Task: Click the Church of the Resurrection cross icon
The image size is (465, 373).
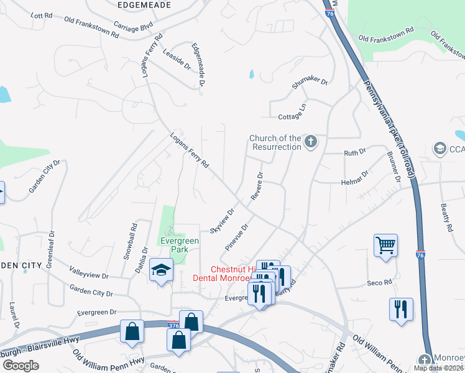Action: coord(311,142)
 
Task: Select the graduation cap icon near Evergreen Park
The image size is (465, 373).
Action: coord(161,270)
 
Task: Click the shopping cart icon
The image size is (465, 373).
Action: coord(385,246)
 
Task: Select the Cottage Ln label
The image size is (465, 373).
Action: coord(293,111)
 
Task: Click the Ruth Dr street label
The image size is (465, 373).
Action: coord(355,151)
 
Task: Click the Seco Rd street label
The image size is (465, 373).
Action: coord(379,282)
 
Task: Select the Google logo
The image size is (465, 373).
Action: coord(21,366)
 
